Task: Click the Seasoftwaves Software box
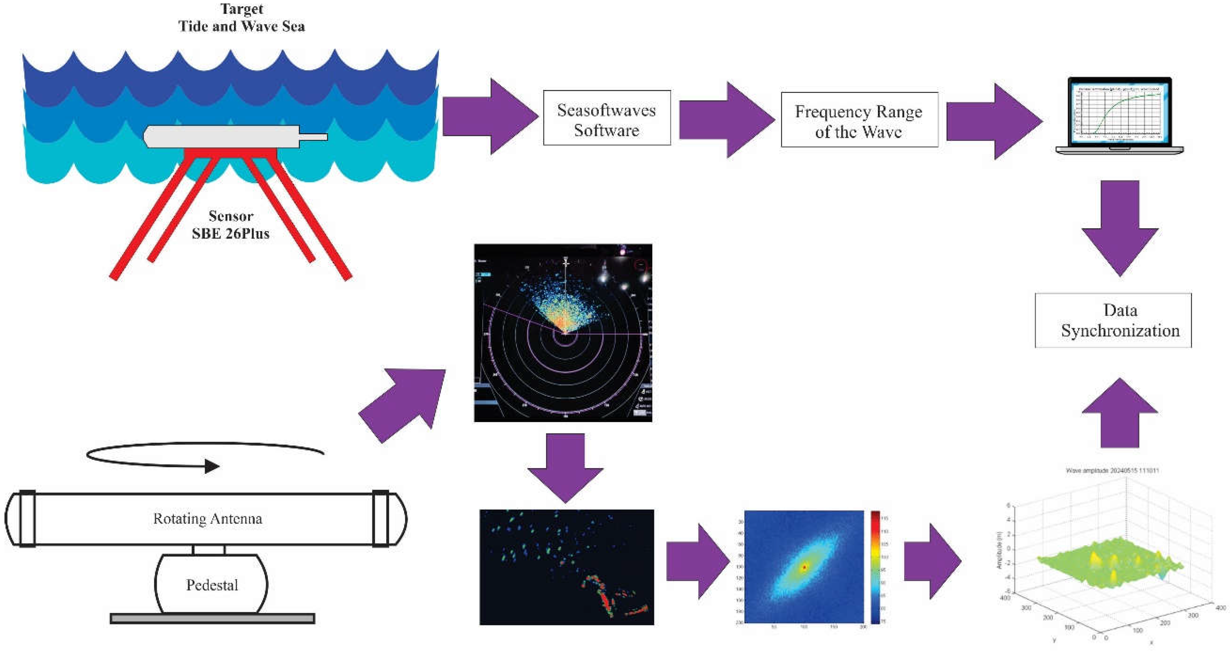coord(606,118)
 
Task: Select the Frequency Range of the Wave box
coord(859,120)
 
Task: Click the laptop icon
coord(1119,116)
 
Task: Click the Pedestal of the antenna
coord(212,585)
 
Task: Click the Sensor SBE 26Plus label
coord(231,224)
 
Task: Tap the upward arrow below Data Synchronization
coord(1119,413)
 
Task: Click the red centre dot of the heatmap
coord(804,567)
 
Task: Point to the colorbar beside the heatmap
coord(875,567)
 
